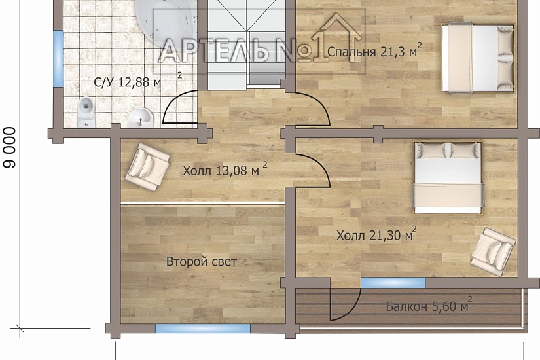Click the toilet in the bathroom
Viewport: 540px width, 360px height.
coord(86,112)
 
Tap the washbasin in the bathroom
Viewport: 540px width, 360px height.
coord(141,118)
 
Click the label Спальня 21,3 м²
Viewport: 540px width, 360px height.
coord(374,51)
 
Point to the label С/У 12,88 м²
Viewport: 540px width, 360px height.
coord(137,81)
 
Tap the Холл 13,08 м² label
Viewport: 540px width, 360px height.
coord(225,170)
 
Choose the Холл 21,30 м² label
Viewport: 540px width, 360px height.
coord(376,234)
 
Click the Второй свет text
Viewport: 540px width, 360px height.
coord(202,262)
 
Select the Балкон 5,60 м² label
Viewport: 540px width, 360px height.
coord(429,305)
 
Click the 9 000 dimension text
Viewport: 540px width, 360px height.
coord(10,147)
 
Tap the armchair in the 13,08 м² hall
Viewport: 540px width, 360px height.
coord(147,167)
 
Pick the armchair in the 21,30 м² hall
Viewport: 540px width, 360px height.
coord(494,252)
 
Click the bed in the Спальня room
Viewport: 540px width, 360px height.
coord(478,57)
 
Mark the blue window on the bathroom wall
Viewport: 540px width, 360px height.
coord(58,58)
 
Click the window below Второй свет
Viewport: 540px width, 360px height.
coord(203,329)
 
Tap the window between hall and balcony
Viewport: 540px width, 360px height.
coord(393,283)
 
